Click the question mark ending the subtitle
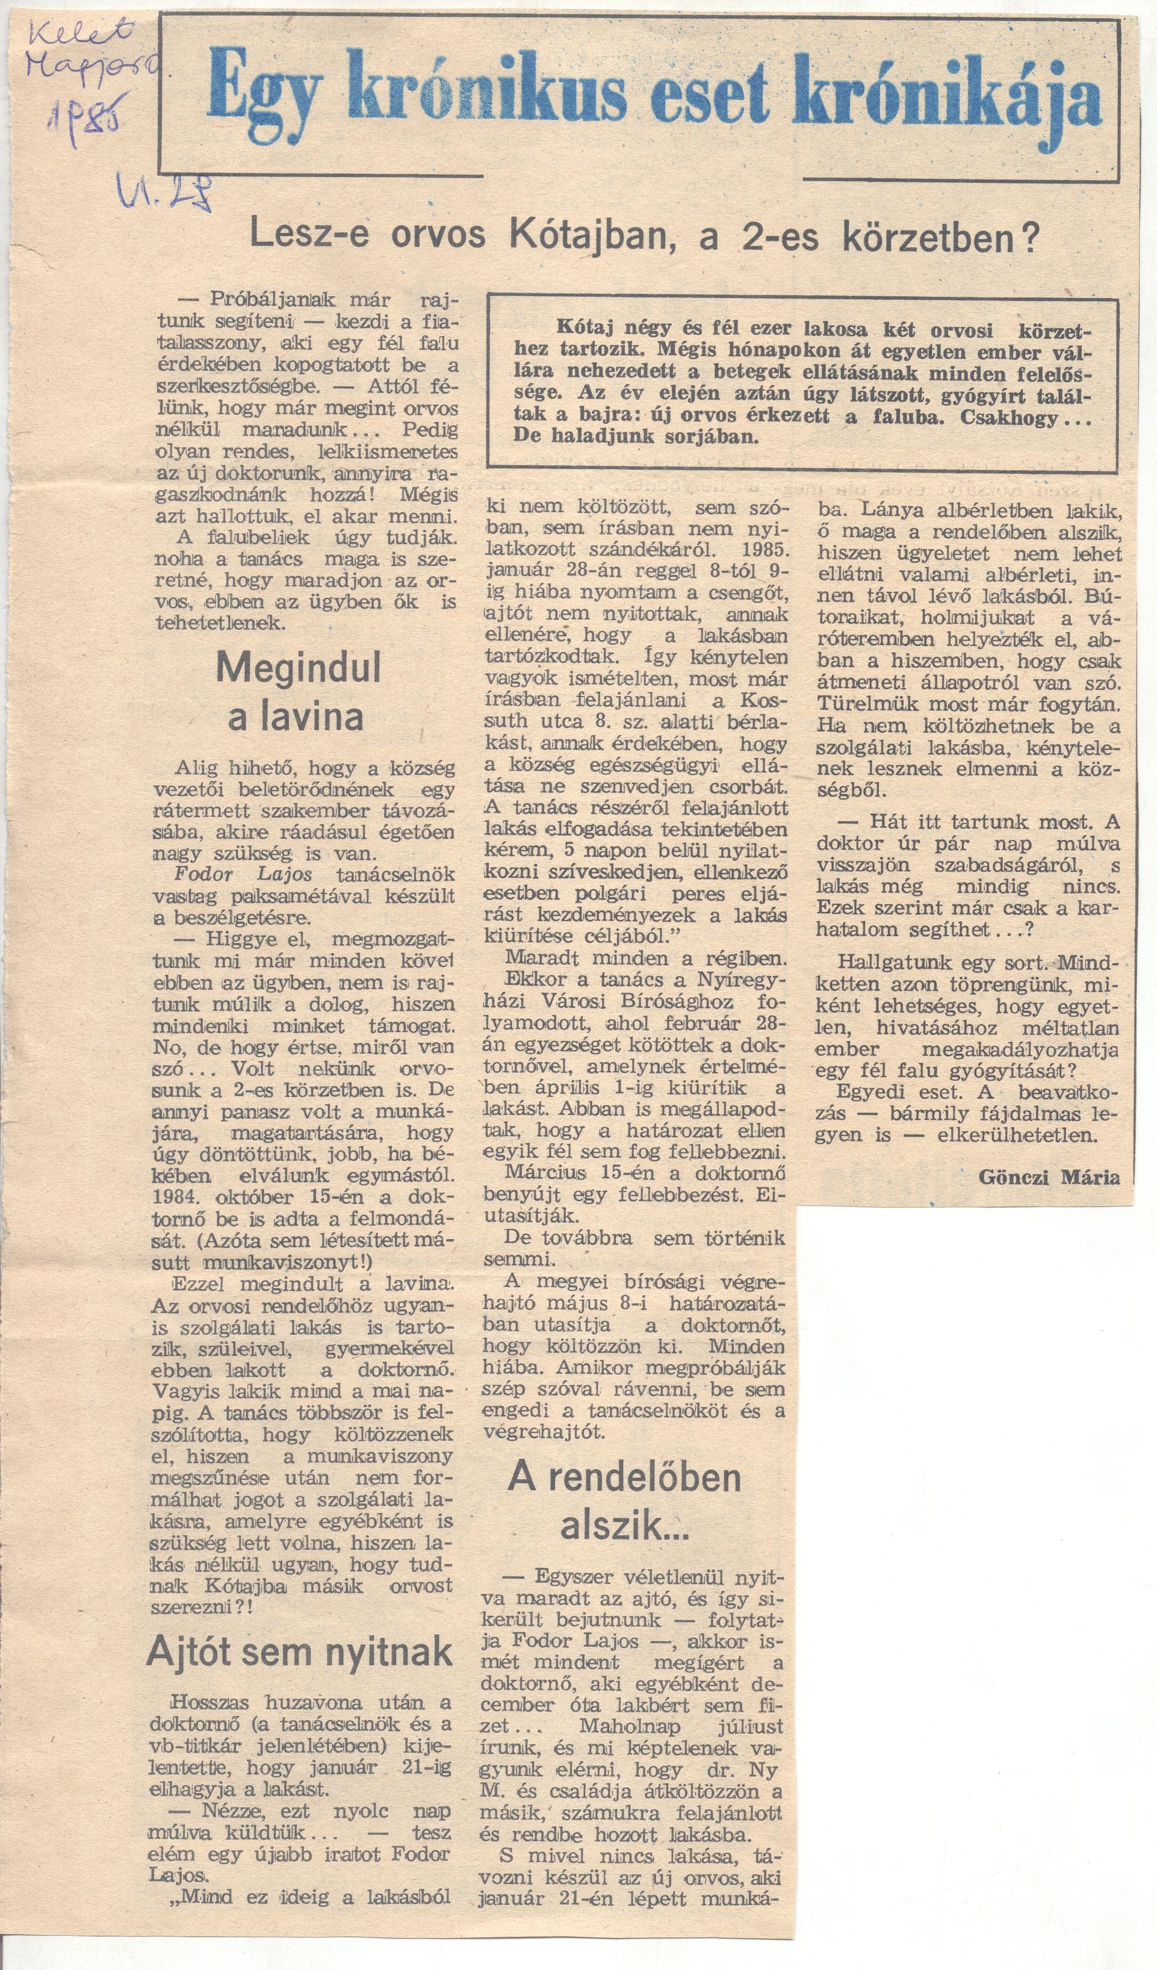click(1031, 235)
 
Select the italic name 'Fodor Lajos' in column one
click(243, 874)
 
